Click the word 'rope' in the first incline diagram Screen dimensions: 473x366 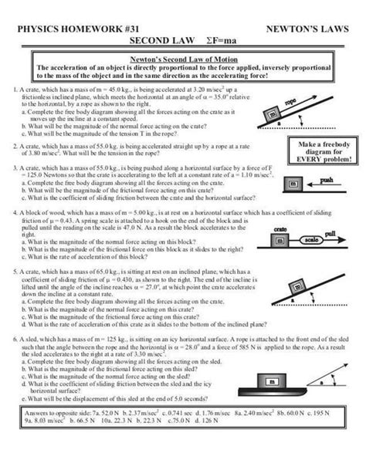(x=313, y=103)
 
